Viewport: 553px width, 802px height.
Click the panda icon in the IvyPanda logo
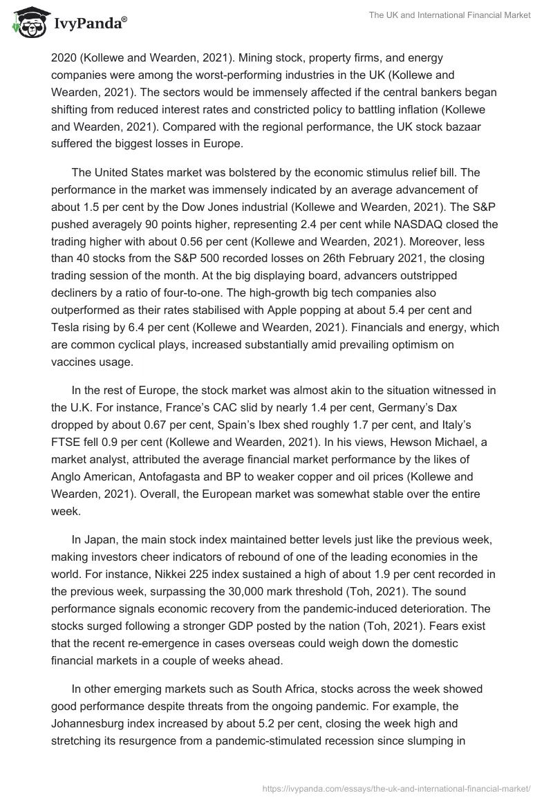pos(27,24)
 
